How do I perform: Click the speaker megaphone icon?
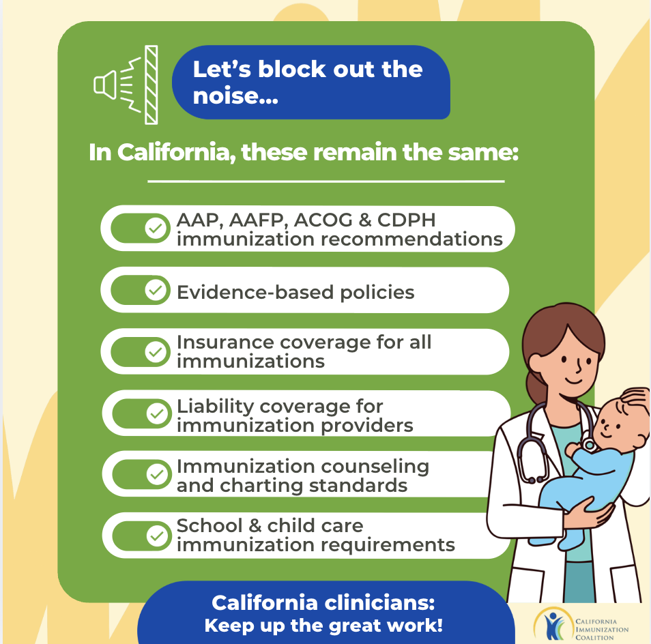pos(105,85)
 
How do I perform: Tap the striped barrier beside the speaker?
pos(151,85)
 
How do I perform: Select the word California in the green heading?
pos(173,152)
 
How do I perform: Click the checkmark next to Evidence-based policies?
pos(156,290)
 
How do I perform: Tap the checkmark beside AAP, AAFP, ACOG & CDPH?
pos(156,229)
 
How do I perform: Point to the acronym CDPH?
pos(406,220)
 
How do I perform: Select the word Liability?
pos(216,407)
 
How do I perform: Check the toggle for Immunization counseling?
pos(141,474)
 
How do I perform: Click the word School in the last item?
pos(209,526)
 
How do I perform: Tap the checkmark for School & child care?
pos(157,536)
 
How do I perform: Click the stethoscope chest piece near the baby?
pos(588,445)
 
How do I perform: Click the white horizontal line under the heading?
pos(326,181)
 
